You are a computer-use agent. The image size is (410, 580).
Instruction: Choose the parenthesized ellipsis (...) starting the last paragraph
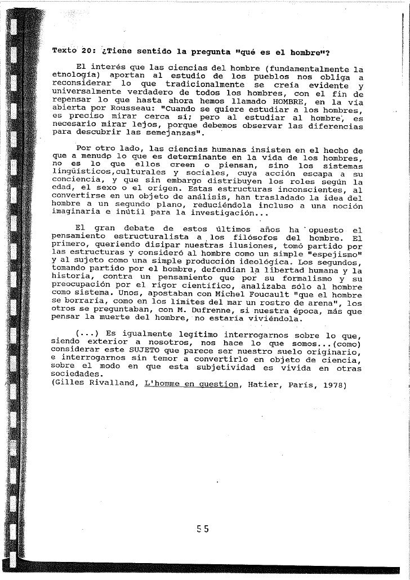coord(85,334)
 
